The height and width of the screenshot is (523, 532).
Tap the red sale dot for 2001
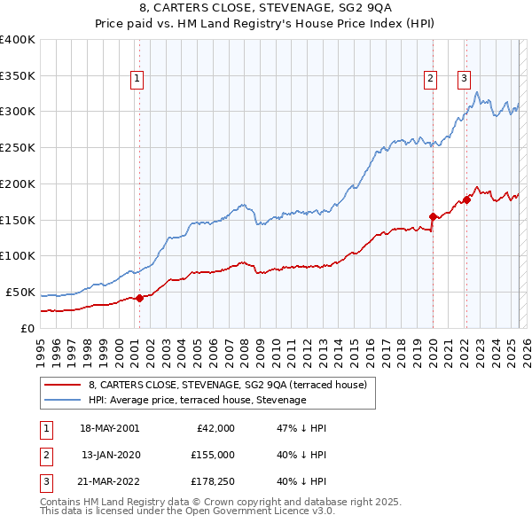coord(139,298)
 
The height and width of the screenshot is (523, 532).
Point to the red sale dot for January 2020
coord(433,216)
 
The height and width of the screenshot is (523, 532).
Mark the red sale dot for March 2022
coord(466,199)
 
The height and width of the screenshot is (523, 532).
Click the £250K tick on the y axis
coord(18,147)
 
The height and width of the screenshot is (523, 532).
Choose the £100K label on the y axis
coord(18,255)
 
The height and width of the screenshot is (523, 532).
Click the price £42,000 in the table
coord(215,427)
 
